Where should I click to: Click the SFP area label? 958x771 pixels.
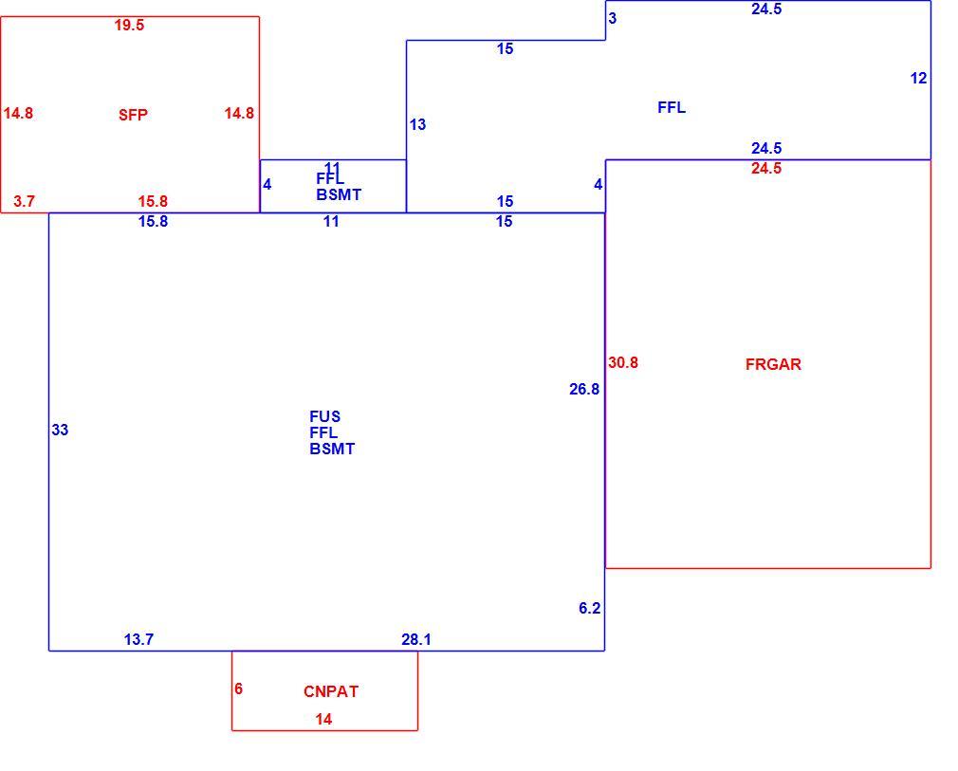click(x=133, y=115)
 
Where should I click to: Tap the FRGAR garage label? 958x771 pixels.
click(x=773, y=364)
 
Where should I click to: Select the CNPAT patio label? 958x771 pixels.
click(x=330, y=691)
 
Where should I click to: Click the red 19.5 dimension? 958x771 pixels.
click(x=129, y=25)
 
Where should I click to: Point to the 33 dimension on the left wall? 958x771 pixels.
click(x=60, y=431)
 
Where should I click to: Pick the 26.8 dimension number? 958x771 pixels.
click(x=584, y=389)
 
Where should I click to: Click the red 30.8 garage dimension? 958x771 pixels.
click(x=623, y=363)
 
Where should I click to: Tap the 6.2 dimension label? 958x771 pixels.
click(x=590, y=609)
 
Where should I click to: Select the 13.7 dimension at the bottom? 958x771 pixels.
click(x=138, y=639)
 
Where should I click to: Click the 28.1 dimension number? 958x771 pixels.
click(x=416, y=639)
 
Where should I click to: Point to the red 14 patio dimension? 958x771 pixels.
click(x=323, y=720)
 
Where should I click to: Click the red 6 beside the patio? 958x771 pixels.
click(x=238, y=689)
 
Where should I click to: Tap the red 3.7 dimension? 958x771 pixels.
click(x=24, y=202)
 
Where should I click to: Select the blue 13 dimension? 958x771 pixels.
click(x=417, y=124)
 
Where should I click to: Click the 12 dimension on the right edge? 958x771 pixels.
click(x=918, y=78)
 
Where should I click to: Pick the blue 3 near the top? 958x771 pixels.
click(x=612, y=19)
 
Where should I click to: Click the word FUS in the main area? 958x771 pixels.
click(x=324, y=416)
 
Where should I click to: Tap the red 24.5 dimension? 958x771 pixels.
click(x=766, y=169)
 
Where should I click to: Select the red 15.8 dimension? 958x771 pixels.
click(x=153, y=202)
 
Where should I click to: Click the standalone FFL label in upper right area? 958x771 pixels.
click(x=672, y=107)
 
